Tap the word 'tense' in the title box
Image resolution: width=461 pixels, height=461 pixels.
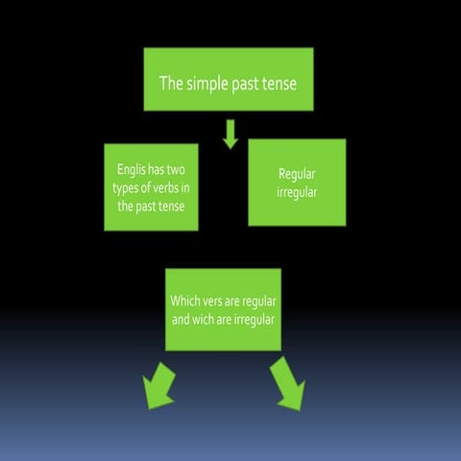pyautogui.click(x=279, y=84)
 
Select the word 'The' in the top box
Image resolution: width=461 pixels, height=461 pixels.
pyautogui.click(x=171, y=83)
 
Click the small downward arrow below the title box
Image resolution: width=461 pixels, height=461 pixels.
pyautogui.click(x=230, y=134)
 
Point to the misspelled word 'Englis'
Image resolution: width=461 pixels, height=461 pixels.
pyautogui.click(x=132, y=169)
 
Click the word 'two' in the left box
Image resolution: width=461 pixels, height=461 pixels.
pyautogui.click(x=176, y=170)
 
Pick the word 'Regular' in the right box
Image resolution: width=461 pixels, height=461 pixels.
pyautogui.click(x=297, y=175)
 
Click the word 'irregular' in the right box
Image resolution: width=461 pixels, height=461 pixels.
pyautogui.click(x=297, y=193)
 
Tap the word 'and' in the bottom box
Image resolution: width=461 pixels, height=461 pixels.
pyautogui.click(x=181, y=320)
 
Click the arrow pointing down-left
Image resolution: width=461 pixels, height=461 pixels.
pyautogui.click(x=158, y=387)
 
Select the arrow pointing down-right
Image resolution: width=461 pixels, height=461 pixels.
pyautogui.click(x=288, y=385)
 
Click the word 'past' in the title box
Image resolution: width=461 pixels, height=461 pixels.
pyautogui.click(x=245, y=85)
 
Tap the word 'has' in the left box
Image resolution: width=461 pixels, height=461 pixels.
pyautogui.click(x=157, y=169)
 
